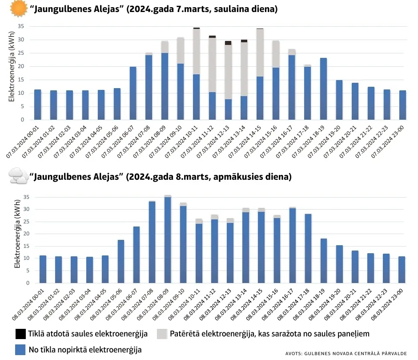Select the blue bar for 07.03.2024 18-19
pos(323,89)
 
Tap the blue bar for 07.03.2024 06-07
pos(133,93)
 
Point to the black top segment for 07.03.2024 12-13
pos(228,43)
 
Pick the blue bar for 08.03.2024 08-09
pos(168,240)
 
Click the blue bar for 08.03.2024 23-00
pos(402,270)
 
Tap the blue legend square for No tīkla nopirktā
pos(20,350)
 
